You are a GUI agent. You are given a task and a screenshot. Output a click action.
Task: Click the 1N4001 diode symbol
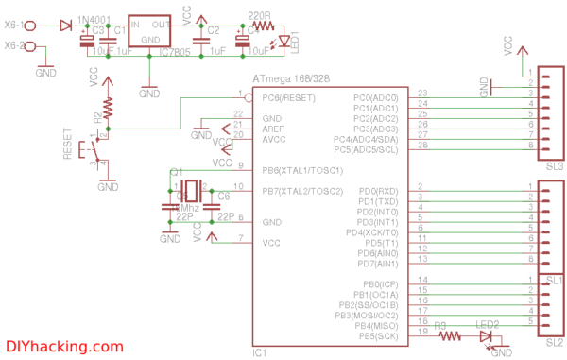coord(66,24)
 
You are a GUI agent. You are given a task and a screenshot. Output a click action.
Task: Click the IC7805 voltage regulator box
coord(149,32)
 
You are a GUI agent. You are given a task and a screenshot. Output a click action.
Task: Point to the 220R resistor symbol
coord(261,26)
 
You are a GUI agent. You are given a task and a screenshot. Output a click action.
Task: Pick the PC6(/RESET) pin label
coord(289,97)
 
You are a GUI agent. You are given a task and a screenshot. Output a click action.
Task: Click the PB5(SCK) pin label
coord(378,334)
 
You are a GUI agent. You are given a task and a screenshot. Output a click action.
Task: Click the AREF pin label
coord(274,129)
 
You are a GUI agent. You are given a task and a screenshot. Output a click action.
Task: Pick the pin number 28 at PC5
coord(421,145)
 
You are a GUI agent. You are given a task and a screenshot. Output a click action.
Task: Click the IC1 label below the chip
coord(260,352)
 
